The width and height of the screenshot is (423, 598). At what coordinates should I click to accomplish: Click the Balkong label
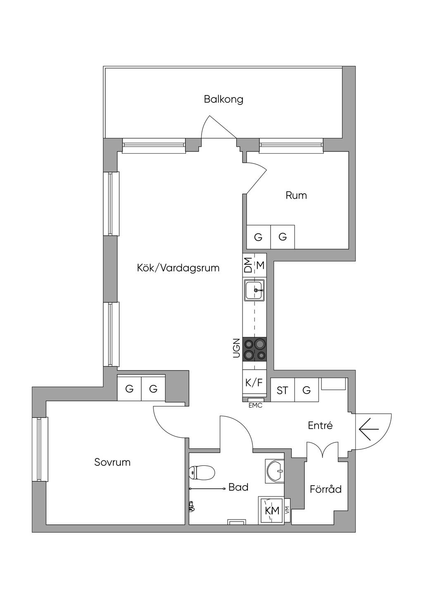[223, 99]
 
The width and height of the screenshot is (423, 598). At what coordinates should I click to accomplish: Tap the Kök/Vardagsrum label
[178, 268]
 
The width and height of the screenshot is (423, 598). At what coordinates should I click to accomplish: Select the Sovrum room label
[112, 462]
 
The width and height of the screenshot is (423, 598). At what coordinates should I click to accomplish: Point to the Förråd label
[326, 489]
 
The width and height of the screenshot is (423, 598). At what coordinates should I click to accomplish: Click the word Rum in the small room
[296, 195]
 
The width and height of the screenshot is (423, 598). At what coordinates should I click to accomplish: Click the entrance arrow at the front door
[368, 430]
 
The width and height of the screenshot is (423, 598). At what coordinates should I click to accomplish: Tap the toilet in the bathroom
[202, 472]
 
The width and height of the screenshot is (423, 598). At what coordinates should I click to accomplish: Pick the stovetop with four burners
[254, 349]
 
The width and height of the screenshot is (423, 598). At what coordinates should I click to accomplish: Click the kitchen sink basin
[255, 290]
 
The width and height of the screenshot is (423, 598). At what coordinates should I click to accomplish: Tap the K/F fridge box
[254, 382]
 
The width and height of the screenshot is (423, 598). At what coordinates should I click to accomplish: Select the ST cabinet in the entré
[283, 390]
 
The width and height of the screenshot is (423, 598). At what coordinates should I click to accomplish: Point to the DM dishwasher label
[248, 265]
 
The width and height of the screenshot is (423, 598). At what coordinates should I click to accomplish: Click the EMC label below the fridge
[255, 406]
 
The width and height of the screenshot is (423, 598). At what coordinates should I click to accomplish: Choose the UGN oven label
[236, 348]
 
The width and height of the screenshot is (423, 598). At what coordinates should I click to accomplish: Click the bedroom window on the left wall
[40, 449]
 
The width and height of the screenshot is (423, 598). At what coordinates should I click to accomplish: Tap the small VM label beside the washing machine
[287, 511]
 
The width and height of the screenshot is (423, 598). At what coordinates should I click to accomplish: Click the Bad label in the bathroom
[238, 487]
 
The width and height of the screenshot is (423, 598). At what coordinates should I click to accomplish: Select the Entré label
[320, 425]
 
